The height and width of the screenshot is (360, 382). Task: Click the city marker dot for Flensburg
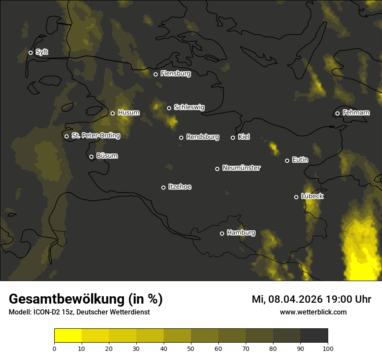click(x=155, y=74)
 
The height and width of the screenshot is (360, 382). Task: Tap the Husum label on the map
click(x=128, y=113)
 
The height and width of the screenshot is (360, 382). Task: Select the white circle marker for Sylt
click(x=30, y=52)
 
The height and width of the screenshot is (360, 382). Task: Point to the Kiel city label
click(x=244, y=137)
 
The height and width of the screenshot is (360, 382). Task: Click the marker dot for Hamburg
click(x=222, y=233)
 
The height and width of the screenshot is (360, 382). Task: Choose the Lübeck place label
click(x=312, y=196)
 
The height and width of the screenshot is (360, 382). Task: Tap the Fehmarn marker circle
click(x=337, y=113)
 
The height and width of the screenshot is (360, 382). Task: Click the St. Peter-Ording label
click(x=95, y=136)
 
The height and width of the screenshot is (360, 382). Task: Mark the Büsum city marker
click(x=91, y=157)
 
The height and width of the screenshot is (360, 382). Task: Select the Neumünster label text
click(x=241, y=168)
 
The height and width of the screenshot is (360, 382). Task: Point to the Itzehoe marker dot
click(x=163, y=187)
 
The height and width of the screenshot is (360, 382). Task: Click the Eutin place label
click(x=300, y=160)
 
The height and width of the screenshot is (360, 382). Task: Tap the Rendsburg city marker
click(x=181, y=137)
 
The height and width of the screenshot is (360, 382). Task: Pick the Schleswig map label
click(x=189, y=107)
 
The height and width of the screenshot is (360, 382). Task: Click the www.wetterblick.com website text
click(x=313, y=312)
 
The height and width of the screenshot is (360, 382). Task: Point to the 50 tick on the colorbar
click(x=191, y=348)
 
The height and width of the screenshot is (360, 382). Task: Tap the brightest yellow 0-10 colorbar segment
click(x=68, y=336)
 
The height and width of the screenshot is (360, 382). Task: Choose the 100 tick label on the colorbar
click(x=328, y=348)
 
